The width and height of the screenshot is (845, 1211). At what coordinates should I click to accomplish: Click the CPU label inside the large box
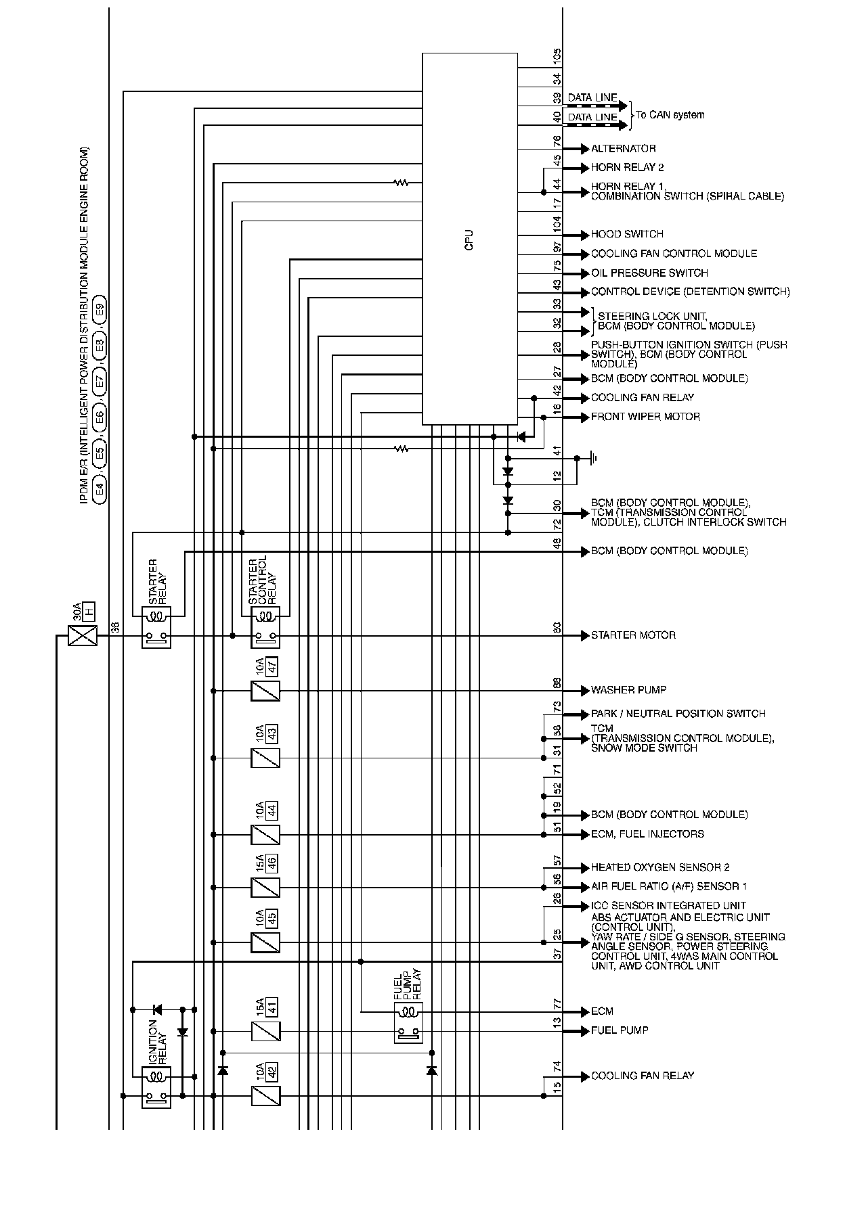click(469, 240)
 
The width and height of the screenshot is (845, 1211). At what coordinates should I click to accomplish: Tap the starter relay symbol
click(156, 627)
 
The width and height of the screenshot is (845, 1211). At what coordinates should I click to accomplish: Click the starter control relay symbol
click(265, 627)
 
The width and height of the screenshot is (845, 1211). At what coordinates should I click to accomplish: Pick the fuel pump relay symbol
click(408, 1022)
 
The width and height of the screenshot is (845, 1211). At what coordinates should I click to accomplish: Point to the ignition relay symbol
click(156, 1087)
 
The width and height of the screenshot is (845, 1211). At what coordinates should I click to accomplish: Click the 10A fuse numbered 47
click(265, 691)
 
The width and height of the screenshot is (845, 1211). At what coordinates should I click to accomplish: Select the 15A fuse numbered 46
click(265, 887)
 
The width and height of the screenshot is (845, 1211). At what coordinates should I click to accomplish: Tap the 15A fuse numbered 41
click(265, 1031)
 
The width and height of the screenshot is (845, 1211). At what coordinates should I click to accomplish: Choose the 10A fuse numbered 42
click(265, 1095)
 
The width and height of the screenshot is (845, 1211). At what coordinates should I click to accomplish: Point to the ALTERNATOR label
click(623, 149)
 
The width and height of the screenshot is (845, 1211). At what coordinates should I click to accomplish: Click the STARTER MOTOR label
click(633, 635)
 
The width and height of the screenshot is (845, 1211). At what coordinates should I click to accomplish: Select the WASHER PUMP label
click(628, 690)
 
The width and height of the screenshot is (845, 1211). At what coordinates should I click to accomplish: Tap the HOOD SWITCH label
click(627, 234)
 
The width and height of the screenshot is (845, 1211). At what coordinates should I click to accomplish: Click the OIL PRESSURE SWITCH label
click(649, 273)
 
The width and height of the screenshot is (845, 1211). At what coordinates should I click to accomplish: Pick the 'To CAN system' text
click(670, 115)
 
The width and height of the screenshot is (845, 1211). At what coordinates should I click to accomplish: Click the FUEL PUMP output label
click(620, 1030)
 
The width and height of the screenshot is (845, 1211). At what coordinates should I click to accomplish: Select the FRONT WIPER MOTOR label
click(645, 417)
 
